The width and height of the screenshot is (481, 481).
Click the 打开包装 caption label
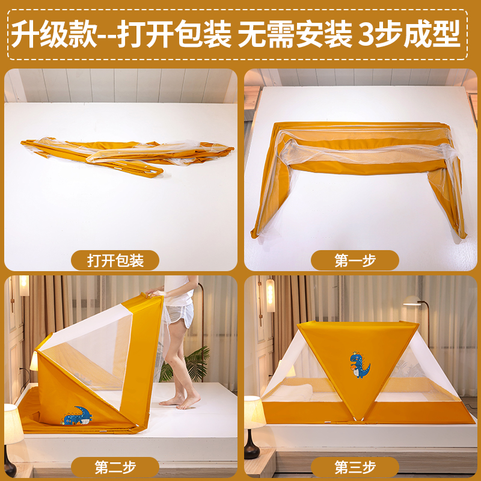tap(115, 260)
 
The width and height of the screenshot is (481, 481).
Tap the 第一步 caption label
tap(355, 260)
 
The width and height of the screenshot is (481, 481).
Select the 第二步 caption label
tap(115, 467)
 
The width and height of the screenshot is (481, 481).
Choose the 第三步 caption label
tap(355, 467)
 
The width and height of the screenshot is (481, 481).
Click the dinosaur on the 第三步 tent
tap(359, 365)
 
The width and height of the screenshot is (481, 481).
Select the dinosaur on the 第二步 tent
tap(77, 415)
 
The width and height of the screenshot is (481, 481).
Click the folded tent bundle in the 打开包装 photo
tap(126, 153)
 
